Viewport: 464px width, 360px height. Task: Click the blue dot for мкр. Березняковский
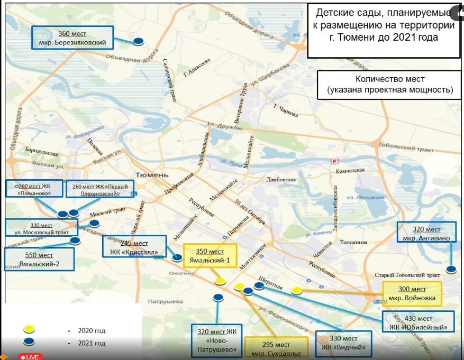139,41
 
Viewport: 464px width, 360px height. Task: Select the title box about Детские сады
384,31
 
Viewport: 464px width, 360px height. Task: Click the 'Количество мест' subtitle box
389,85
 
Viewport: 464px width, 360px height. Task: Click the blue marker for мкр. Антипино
451,270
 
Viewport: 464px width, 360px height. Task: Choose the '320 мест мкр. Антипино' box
426,233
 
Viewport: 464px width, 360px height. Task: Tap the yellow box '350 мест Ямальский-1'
210,255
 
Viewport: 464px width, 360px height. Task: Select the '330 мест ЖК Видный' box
343,343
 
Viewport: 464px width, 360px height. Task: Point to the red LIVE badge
30,357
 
